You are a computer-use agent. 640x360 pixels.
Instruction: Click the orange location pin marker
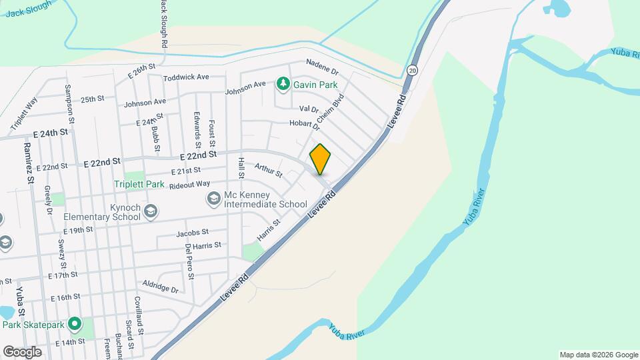pos(320,159)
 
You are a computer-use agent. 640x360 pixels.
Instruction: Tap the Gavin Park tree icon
pos(283,84)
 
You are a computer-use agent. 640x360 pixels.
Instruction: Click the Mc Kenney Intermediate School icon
pos(213,198)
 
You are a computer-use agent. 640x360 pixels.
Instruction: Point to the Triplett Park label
pos(139,184)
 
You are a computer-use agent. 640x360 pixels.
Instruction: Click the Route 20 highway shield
pos(413,70)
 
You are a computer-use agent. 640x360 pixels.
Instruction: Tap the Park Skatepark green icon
pos(75,325)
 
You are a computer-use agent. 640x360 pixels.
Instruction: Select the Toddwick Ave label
pos(186,77)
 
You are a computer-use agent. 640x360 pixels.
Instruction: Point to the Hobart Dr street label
pos(305,124)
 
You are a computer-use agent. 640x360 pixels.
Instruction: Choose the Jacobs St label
pos(193,233)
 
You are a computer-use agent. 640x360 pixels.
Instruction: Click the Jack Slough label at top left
pos(29,11)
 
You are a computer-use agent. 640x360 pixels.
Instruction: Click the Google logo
pos(22,351)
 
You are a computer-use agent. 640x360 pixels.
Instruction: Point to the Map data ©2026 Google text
pos(598,355)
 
